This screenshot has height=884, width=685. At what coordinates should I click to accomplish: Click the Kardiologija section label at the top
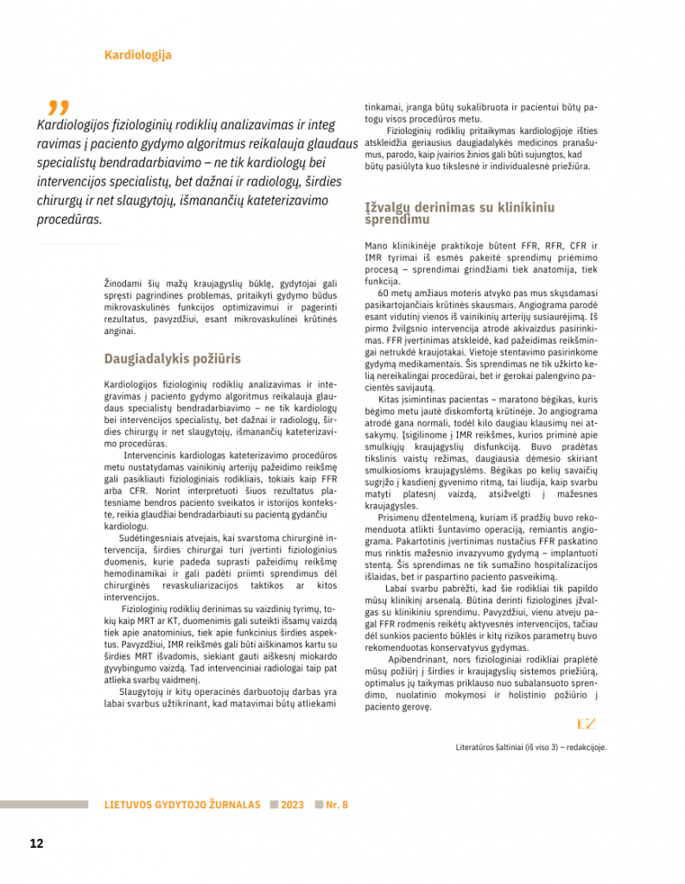coord(137,55)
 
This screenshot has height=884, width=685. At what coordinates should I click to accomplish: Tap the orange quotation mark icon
coord(58,107)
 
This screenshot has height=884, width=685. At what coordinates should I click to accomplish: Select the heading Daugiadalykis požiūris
coord(173,358)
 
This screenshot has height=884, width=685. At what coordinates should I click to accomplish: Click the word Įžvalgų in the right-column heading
coord(388,208)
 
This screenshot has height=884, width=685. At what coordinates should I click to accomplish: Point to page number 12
coord(36,843)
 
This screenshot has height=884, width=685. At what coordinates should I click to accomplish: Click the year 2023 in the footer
coord(292,805)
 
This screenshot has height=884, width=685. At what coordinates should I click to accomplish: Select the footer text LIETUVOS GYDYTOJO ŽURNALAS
coord(182,805)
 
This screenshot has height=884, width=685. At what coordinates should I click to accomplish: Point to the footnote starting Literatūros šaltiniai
coord(530,748)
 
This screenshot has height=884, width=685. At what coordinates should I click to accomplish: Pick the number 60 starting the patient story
coord(384,291)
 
